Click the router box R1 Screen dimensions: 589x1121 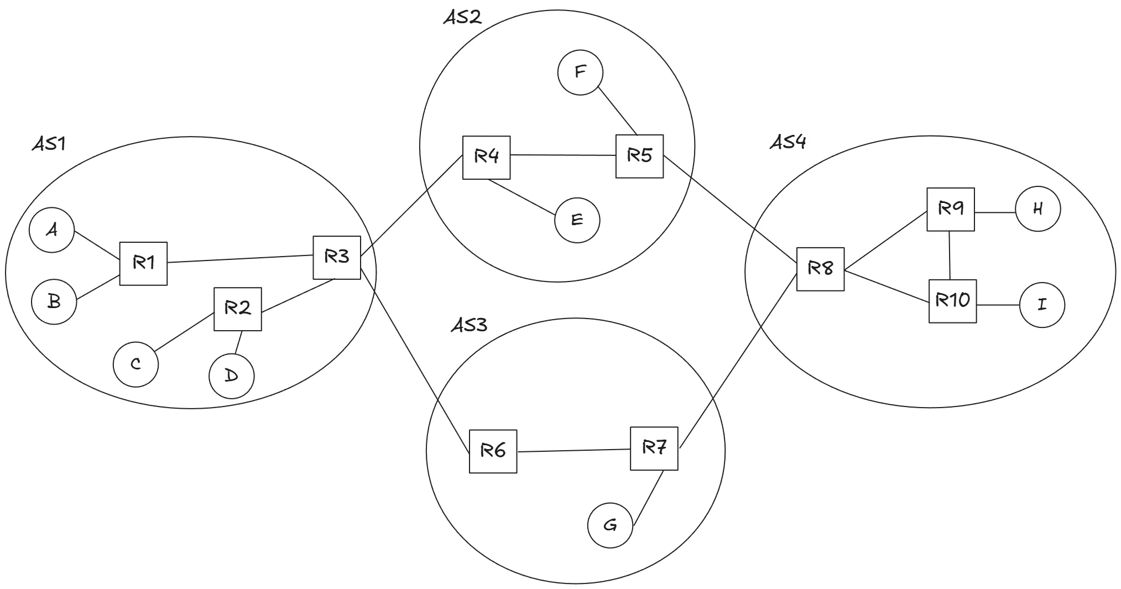[143, 263]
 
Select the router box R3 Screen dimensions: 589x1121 [337, 257]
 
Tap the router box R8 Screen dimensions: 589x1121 [820, 269]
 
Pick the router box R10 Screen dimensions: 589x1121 [952, 301]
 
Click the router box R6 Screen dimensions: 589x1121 [493, 451]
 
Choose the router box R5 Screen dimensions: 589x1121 [639, 156]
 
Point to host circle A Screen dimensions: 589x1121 [52, 230]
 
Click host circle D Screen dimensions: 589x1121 [232, 376]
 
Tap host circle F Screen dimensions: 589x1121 [580, 72]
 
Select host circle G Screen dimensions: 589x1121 [610, 525]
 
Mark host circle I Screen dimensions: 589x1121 [1042, 305]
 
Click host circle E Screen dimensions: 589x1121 [577, 220]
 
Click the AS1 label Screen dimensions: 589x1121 [49, 144]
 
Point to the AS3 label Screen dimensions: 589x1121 [469, 325]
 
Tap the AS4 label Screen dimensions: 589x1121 [788, 142]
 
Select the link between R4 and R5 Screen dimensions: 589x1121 [563, 155]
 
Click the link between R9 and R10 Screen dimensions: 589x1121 [950, 255]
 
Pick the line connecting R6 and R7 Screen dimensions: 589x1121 [573, 450]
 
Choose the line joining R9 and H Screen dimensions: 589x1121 [995, 212]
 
